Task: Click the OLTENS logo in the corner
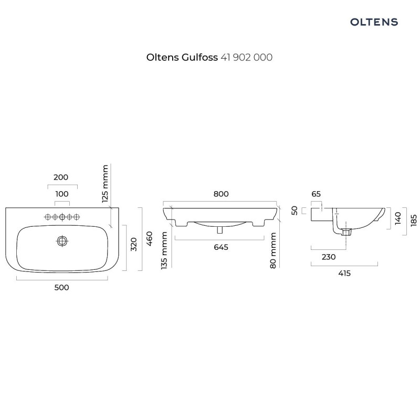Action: [374, 22]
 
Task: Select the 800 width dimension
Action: [221, 194]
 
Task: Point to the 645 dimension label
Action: [221, 248]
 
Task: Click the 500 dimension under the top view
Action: [62, 287]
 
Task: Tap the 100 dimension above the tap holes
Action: [62, 194]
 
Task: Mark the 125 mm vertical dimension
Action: [105, 184]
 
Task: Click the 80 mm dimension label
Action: [273, 251]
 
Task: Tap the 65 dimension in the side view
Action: [316, 194]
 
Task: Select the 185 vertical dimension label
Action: [414, 218]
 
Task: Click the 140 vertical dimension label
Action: [398, 217]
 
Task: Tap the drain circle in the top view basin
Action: [62, 241]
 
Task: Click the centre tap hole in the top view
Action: [62, 216]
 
